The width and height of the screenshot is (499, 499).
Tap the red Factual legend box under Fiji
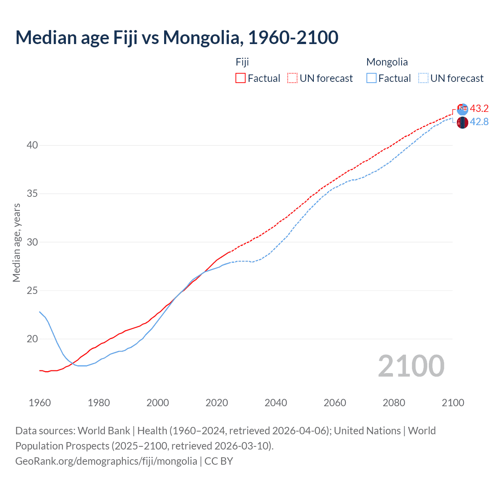click(x=241, y=78)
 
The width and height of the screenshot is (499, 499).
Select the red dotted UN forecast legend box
click(x=292, y=78)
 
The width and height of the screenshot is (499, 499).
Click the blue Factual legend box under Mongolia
click(x=372, y=78)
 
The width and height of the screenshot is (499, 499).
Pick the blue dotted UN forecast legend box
click(x=423, y=78)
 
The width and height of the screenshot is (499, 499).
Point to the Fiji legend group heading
click(x=242, y=62)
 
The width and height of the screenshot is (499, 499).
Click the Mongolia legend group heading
click(x=387, y=62)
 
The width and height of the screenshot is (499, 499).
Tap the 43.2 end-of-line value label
click(x=479, y=108)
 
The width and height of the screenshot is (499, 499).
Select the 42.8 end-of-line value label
click(x=479, y=122)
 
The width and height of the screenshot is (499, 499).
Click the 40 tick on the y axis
click(x=32, y=145)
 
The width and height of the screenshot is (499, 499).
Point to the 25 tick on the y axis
click(x=32, y=290)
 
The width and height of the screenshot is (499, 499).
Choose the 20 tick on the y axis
click(x=32, y=339)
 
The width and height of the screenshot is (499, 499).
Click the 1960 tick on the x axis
click(x=40, y=403)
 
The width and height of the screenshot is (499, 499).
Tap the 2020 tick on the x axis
click(x=217, y=403)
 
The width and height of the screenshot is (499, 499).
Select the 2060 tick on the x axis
click(x=335, y=403)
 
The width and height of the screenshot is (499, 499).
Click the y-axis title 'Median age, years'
click(x=16, y=242)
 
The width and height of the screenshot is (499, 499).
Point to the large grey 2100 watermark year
click(x=411, y=366)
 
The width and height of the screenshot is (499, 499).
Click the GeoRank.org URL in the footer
click(x=106, y=461)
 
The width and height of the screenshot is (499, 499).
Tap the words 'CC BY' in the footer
click(x=219, y=461)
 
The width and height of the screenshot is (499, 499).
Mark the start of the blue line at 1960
click(x=40, y=312)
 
